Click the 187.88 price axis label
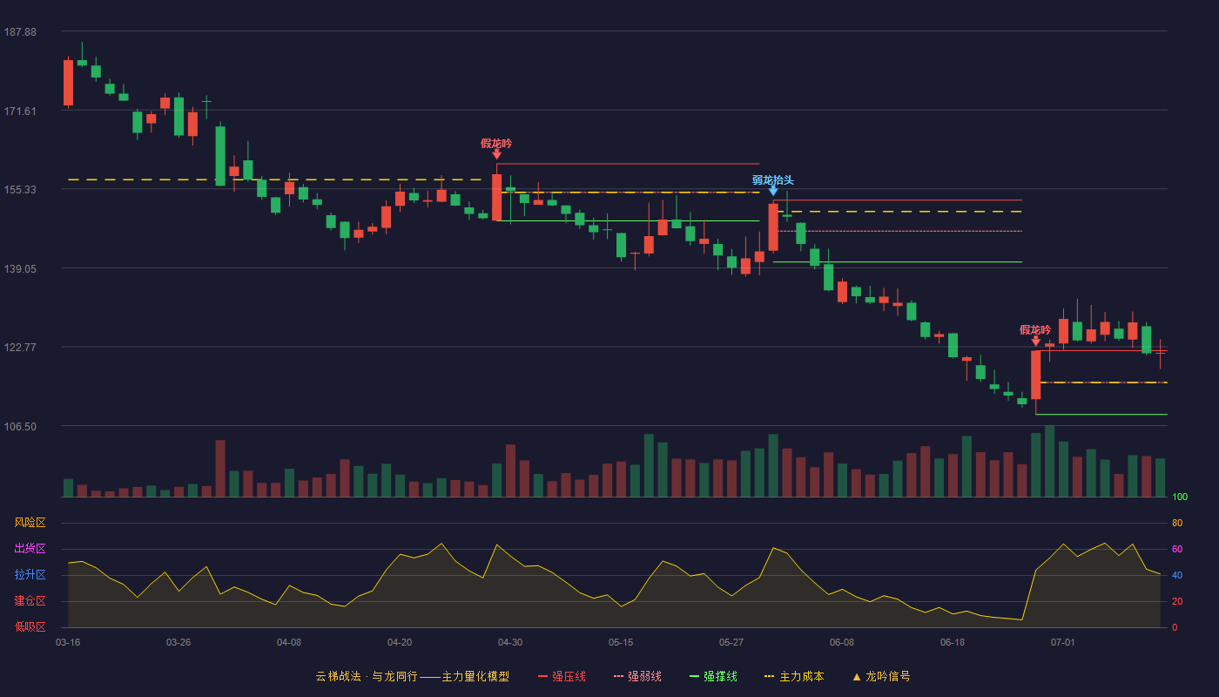click(x=20, y=32)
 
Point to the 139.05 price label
click(x=20, y=269)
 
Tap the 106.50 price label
click(x=20, y=427)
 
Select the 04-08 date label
click(x=289, y=643)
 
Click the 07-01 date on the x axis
click(x=1063, y=643)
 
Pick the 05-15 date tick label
click(x=621, y=643)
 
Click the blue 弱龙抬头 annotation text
click(x=773, y=180)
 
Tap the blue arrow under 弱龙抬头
click(x=773, y=191)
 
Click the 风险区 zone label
click(x=30, y=523)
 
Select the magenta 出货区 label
click(x=30, y=548)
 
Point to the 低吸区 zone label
click(x=30, y=626)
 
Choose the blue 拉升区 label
click(x=30, y=574)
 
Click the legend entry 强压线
click(x=562, y=676)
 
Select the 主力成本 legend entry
click(x=794, y=676)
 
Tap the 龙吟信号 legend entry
click(x=881, y=676)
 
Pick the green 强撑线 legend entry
click(x=713, y=676)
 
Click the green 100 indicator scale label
click(x=1180, y=497)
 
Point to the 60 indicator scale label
click(x=1177, y=549)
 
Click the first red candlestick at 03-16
click(x=68, y=82)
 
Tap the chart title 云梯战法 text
click(x=338, y=676)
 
